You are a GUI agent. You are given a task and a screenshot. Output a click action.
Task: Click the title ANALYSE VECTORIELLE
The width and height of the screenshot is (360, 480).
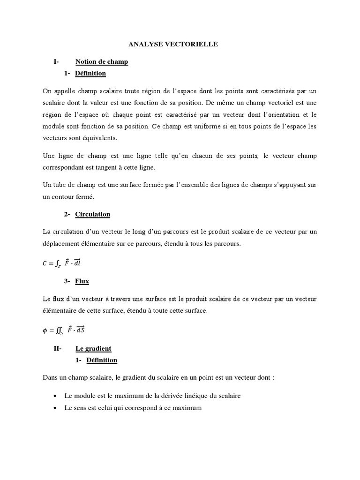point(173,44)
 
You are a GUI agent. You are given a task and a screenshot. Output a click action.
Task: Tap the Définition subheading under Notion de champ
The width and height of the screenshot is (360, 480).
point(90,73)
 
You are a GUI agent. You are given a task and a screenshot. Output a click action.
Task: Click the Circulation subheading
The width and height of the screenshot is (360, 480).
point(92,214)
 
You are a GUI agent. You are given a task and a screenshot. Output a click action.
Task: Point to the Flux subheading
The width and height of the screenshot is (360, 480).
point(82,281)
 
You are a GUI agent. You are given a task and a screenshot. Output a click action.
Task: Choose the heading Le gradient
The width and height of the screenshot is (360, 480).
point(93,348)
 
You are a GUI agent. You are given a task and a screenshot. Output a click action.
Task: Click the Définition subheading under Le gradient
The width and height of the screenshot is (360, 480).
point(102,360)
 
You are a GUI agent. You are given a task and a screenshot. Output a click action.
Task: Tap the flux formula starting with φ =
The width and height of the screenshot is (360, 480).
point(65,330)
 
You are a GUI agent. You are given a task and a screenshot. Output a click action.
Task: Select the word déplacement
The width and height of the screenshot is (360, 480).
point(61,243)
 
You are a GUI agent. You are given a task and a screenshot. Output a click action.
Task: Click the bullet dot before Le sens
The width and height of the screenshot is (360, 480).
point(55,408)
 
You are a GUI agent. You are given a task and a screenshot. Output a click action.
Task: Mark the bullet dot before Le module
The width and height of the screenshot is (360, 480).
point(55,396)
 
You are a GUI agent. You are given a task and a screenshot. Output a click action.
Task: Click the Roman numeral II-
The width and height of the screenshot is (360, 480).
point(58,348)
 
